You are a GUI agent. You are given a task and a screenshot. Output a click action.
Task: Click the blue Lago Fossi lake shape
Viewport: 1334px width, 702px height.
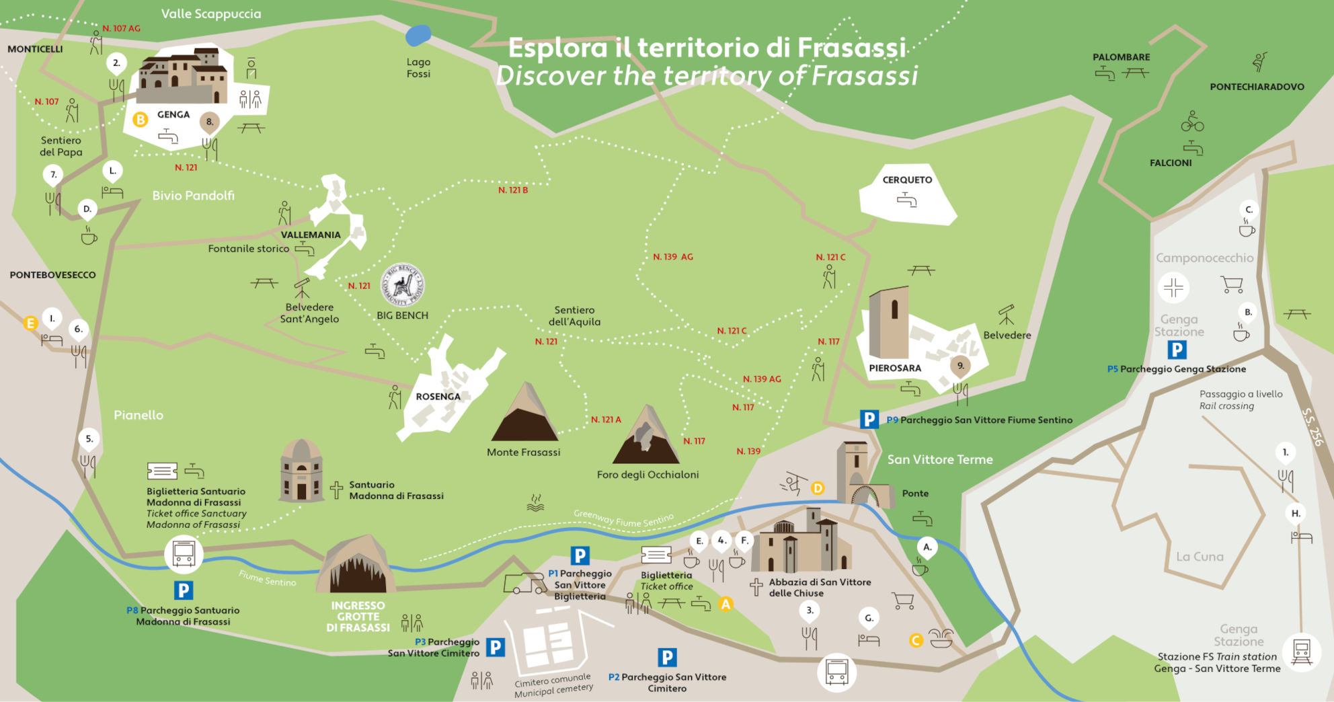point(418,36)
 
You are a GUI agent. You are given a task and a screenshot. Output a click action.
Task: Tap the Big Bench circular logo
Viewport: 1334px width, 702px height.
point(403,284)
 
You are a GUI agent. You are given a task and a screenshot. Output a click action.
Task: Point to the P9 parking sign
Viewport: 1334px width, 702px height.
point(869,420)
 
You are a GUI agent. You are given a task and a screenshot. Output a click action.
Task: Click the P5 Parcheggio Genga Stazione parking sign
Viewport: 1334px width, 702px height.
point(1177,350)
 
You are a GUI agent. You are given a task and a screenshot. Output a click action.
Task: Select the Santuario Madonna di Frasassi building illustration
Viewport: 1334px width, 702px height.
point(301,471)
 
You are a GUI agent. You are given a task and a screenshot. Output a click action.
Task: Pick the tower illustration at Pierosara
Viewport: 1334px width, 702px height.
point(888,323)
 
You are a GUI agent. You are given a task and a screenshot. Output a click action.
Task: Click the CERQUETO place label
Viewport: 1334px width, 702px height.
point(907,180)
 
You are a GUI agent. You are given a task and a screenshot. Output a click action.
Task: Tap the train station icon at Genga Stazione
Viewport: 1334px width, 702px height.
point(1301,651)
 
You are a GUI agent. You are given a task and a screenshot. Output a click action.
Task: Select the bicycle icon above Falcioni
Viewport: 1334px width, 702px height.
point(1192,122)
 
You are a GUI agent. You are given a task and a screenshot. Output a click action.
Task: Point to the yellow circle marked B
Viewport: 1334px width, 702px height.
point(140,120)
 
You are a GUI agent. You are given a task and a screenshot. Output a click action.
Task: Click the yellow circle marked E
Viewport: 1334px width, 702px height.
point(30,323)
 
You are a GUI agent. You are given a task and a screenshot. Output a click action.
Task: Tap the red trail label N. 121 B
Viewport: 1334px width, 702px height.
point(512,190)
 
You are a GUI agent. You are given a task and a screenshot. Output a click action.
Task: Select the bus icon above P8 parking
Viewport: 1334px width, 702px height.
point(184,554)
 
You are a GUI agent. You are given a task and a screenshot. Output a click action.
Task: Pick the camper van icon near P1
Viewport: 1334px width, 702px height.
point(524,584)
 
